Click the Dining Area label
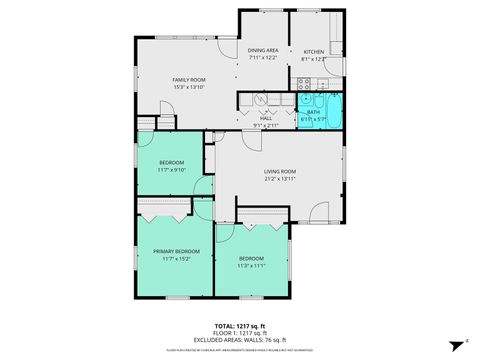pos(264,50)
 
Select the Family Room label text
pos(188,79)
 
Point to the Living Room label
pos(281,172)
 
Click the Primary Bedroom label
pos(175,250)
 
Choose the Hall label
pos(266,119)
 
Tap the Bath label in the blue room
pos(313,112)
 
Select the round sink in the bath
pos(304,100)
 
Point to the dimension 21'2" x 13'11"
pos(281,180)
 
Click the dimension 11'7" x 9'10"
pos(172,170)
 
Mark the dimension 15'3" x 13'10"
pos(188,87)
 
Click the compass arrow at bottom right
pos(453,340)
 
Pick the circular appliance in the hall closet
pos(260,99)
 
